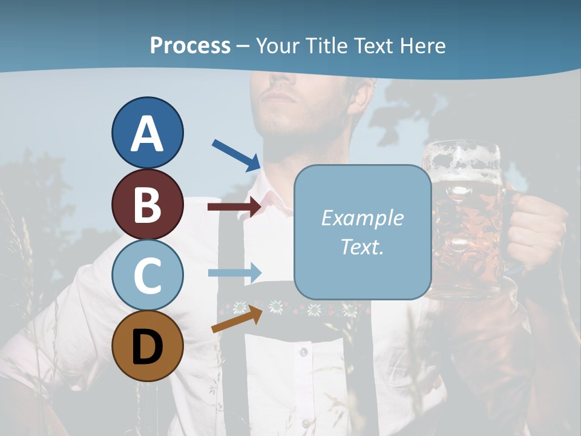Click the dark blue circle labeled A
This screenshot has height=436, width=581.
pyautogui.click(x=147, y=133)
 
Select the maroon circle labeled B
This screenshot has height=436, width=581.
pyautogui.click(x=147, y=204)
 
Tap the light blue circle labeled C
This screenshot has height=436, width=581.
pyautogui.click(x=147, y=275)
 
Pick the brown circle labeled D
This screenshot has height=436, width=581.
pyautogui.click(x=147, y=346)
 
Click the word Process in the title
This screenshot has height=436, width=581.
pyautogui.click(x=190, y=45)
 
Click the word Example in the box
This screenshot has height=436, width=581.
pyautogui.click(x=362, y=218)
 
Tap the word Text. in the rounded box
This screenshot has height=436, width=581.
pyautogui.click(x=362, y=246)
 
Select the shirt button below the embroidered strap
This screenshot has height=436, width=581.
pyautogui.click(x=303, y=352)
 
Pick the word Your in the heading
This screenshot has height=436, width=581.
pyautogui.click(x=278, y=45)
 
